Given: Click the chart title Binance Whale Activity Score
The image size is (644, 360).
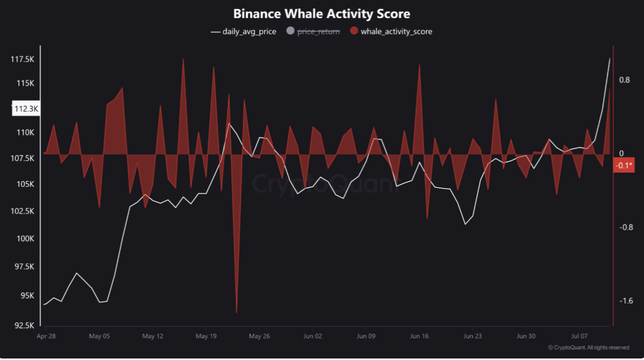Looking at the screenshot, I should click(322, 13).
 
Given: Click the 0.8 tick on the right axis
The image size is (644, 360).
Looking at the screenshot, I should click(624, 80).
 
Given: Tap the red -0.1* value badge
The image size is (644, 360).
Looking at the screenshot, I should click(624, 165).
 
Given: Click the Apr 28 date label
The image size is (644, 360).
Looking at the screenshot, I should click(46, 336).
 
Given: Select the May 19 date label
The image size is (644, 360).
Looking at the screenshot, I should click(206, 336).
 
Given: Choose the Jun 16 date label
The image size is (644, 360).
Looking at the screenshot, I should click(419, 336).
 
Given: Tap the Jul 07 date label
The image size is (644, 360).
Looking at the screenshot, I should click(579, 336).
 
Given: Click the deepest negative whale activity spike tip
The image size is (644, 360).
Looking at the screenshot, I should click(237, 312).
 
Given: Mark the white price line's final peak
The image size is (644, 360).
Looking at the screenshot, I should click(610, 58).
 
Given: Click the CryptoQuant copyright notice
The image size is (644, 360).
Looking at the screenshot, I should click(589, 348).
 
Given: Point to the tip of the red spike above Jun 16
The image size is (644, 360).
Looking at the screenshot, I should click(419, 64).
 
